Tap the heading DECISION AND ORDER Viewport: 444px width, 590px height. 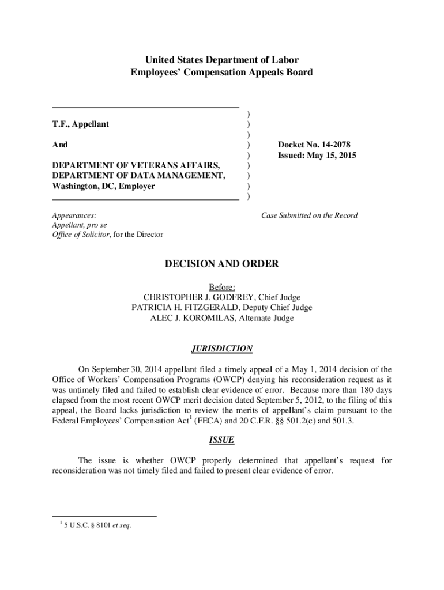coord(222,264)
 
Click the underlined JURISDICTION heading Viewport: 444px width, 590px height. coord(222,349)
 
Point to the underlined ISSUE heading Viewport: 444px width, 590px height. coord(222,440)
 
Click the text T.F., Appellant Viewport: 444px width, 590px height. coord(80,124)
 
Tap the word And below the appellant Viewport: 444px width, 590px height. coord(60,145)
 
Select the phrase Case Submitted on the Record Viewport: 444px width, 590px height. coord(309,215)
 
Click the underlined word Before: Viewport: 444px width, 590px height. coord(222,287)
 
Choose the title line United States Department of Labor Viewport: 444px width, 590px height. coord(222,60)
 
